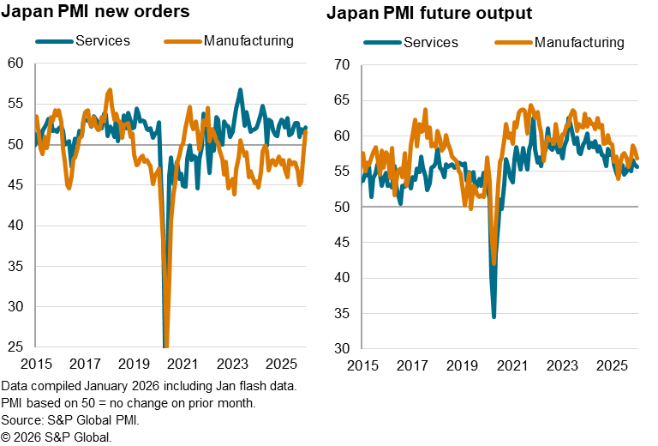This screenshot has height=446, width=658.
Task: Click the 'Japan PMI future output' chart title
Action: point(428,14)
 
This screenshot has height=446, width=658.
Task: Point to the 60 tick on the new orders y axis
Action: point(15,63)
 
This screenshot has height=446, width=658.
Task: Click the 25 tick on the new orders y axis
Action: point(15,347)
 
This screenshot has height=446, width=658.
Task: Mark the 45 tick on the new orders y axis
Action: point(15,184)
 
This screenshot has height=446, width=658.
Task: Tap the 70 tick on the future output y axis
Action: point(343,64)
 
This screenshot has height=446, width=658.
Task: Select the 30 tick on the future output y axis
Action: point(343,348)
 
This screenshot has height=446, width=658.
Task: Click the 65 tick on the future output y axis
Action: point(343,99)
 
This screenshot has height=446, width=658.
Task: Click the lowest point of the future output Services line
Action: point(494,316)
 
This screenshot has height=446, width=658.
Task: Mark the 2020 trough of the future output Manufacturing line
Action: point(494,263)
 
